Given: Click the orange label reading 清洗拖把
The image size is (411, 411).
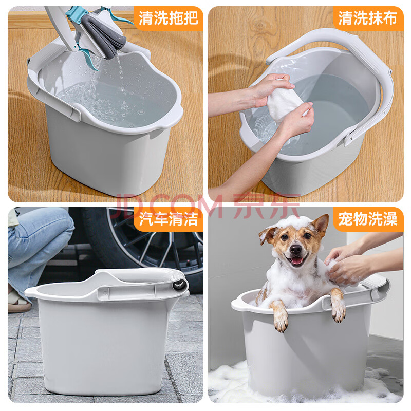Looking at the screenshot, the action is [x=169, y=18].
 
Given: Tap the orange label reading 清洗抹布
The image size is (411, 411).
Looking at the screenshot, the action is [x=368, y=18].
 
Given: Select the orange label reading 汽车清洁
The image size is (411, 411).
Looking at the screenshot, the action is [x=169, y=219].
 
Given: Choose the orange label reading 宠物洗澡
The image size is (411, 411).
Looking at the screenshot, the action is [x=368, y=219].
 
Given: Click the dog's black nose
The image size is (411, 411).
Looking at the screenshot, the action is [x=296, y=249].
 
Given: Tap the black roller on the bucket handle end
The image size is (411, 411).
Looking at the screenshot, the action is [x=180, y=285].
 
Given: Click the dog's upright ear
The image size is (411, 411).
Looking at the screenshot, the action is [x=320, y=225].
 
